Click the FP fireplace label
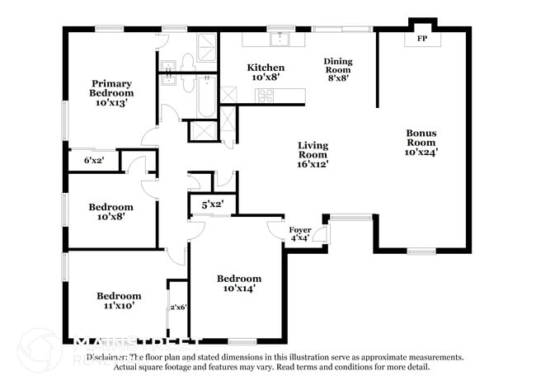tap(421, 39)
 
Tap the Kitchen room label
tap(266, 72)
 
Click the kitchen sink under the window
tap(281, 39)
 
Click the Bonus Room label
tap(421, 142)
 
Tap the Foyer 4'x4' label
tap(299, 234)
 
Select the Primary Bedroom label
tap(111, 92)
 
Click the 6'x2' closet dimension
tap(94, 161)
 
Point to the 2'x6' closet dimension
tap(178, 308)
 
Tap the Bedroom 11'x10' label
tap(119, 300)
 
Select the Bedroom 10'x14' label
tap(239, 283)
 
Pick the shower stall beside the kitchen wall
tap(201, 131)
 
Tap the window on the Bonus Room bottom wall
tap(421, 251)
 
